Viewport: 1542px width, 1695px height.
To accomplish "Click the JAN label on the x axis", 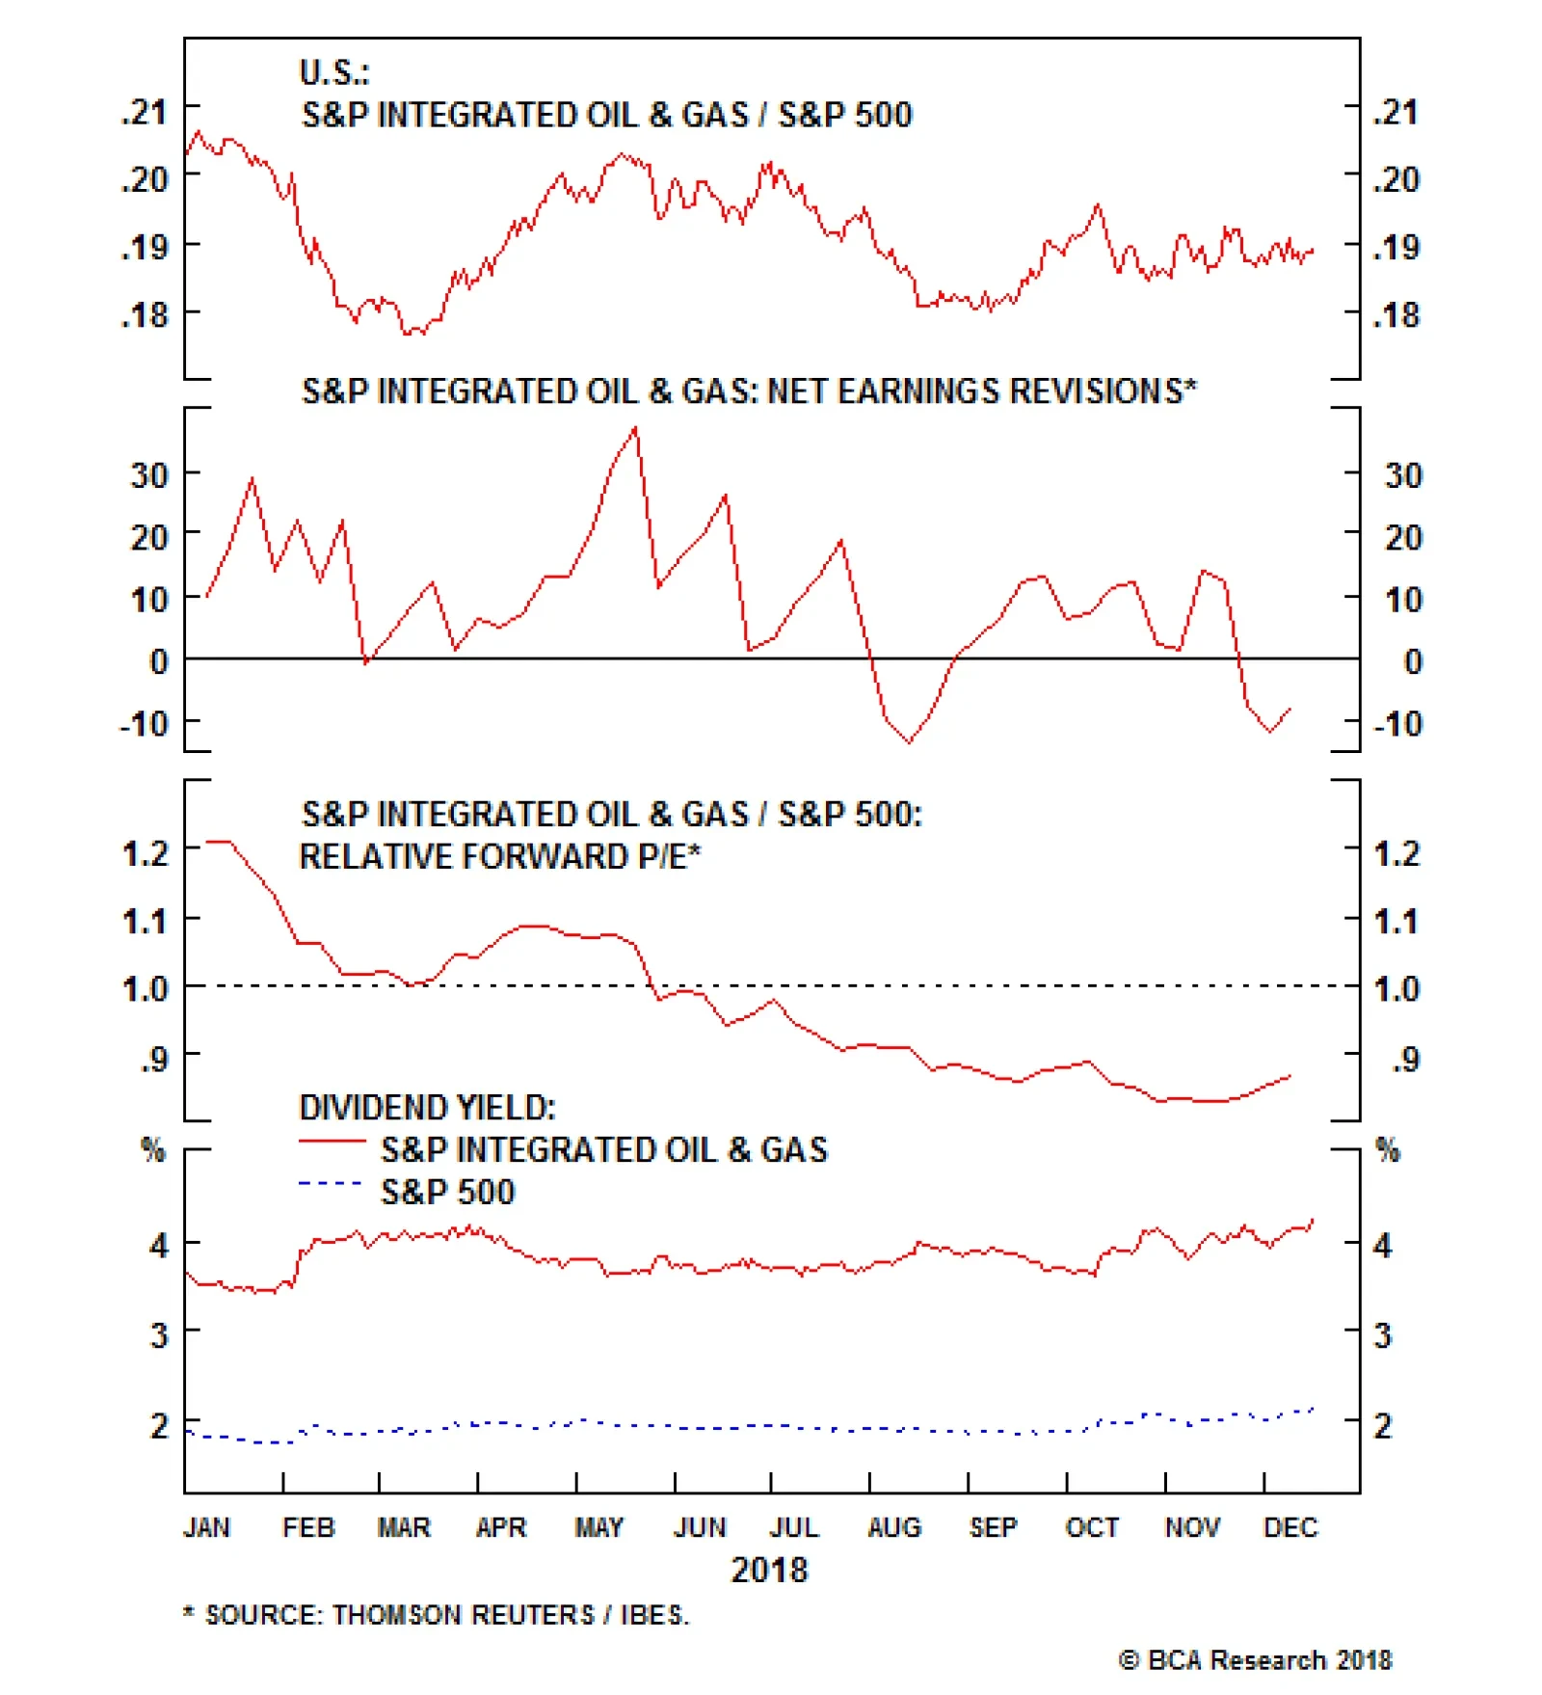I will pyautogui.click(x=206, y=1527).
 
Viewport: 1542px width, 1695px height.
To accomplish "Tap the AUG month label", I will pyautogui.click(x=894, y=1527).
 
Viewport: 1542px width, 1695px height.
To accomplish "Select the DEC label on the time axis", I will pyautogui.click(x=1289, y=1527).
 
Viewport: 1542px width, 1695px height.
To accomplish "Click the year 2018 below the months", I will pyautogui.click(x=769, y=1571).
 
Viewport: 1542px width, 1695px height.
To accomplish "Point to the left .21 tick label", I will pyautogui.click(x=145, y=112).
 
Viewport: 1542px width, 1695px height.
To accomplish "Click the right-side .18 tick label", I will pyautogui.click(x=1396, y=315).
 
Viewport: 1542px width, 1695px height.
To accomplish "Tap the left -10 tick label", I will pyautogui.click(x=144, y=723).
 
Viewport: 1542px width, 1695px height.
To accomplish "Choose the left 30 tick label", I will pyautogui.click(x=149, y=475).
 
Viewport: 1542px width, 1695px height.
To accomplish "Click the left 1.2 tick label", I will pyautogui.click(x=146, y=853).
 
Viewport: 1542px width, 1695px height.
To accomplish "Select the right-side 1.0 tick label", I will pyautogui.click(x=1396, y=989).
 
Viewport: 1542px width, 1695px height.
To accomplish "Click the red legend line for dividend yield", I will pyautogui.click(x=332, y=1142).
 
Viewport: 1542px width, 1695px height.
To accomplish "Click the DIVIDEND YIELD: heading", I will pyautogui.click(x=427, y=1108).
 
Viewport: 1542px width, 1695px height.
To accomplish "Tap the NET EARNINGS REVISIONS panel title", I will pyautogui.click(x=749, y=391).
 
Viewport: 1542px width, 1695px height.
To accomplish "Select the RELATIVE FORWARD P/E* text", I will pyautogui.click(x=499, y=857).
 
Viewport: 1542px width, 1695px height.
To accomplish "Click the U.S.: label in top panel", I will pyautogui.click(x=334, y=72).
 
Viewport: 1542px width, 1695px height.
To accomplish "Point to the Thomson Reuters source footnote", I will pyautogui.click(x=437, y=1615).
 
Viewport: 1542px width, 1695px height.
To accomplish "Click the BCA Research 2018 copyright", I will pyautogui.click(x=1255, y=1660).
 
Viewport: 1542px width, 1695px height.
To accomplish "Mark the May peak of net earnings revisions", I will pyautogui.click(x=635, y=428).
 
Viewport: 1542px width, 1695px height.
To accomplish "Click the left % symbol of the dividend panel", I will pyautogui.click(x=152, y=1149).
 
